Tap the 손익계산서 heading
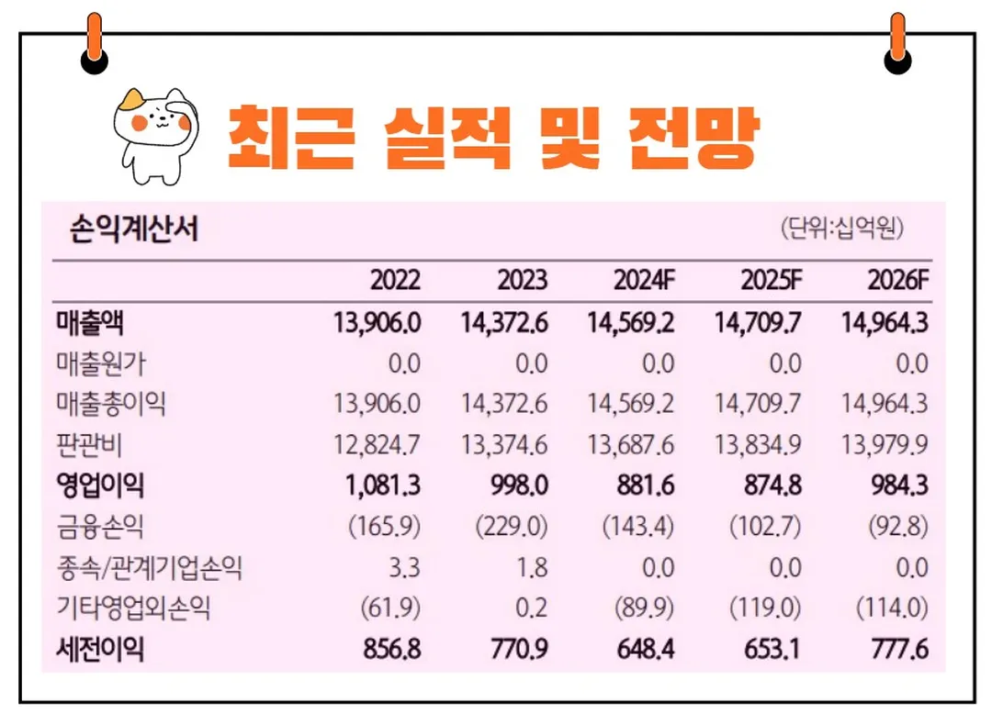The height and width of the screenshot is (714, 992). (x=134, y=229)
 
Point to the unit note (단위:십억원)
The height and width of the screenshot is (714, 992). (x=841, y=228)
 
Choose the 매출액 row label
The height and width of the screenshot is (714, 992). (x=89, y=323)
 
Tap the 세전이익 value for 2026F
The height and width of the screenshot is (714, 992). (x=897, y=650)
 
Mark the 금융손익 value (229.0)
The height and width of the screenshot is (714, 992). (x=513, y=527)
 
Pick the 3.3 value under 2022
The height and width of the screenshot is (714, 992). (x=403, y=568)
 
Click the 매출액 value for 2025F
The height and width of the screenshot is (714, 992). (x=758, y=323)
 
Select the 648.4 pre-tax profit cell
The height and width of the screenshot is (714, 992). (x=645, y=650)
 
